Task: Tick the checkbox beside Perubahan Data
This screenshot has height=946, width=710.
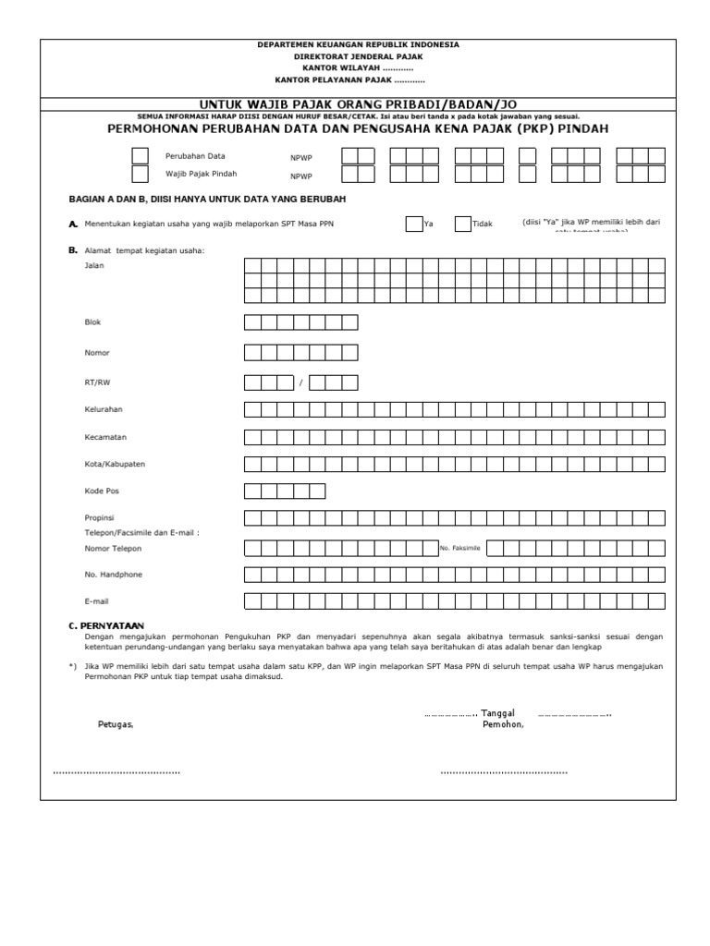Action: (140, 156)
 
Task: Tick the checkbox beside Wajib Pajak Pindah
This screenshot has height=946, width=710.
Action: (140, 174)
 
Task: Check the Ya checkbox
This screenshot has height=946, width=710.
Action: (413, 224)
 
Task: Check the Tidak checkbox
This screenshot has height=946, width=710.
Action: (462, 224)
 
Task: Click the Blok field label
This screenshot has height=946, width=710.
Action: (92, 322)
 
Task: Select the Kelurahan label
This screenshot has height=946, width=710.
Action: (104, 408)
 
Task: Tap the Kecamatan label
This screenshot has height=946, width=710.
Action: (105, 436)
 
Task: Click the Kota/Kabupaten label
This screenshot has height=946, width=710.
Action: (115, 463)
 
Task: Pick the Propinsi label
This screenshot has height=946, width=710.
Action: (99, 517)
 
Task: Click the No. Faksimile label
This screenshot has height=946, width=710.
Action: (460, 548)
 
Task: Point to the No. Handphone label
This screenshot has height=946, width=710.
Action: (114, 575)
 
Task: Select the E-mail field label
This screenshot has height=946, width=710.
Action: (96, 601)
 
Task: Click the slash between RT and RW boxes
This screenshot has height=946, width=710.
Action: (300, 382)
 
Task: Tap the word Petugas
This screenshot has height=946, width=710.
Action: (116, 724)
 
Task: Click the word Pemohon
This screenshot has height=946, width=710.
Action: (503, 724)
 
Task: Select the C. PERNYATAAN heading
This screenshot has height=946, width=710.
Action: (106, 626)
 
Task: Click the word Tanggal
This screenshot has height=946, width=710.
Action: (497, 712)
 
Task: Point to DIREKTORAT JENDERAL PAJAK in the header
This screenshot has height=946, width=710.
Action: (358, 56)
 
